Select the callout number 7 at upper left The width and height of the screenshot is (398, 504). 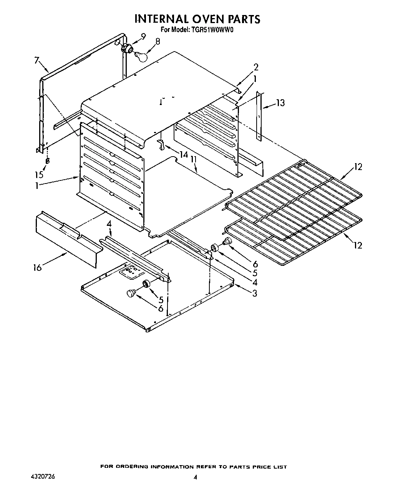point(36,60)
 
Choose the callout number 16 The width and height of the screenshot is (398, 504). point(37,267)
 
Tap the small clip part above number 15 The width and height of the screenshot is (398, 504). point(47,160)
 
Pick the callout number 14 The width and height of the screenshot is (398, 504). point(184,154)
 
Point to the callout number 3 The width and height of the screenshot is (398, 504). point(254,293)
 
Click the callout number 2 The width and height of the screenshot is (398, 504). point(256,67)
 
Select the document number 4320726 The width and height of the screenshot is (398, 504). point(42,476)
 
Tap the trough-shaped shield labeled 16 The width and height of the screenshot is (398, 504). point(67,240)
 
